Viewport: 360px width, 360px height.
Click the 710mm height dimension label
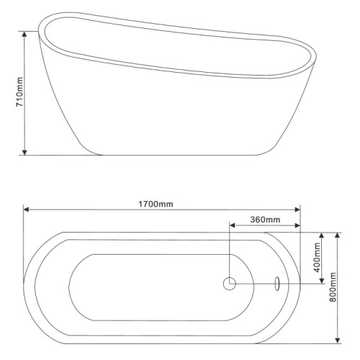[19, 92]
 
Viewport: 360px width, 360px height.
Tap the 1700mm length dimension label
[156, 204]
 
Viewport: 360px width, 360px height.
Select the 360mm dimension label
[265, 220]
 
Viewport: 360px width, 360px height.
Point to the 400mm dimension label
[317, 257]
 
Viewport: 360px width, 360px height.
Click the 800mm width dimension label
[333, 287]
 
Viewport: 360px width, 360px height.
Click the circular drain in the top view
[230, 284]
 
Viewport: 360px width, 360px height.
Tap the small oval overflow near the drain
[277, 284]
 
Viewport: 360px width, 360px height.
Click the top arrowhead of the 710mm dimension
[24, 34]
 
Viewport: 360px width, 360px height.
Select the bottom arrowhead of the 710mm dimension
[24, 152]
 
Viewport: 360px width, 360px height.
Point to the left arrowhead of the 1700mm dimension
[26, 210]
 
